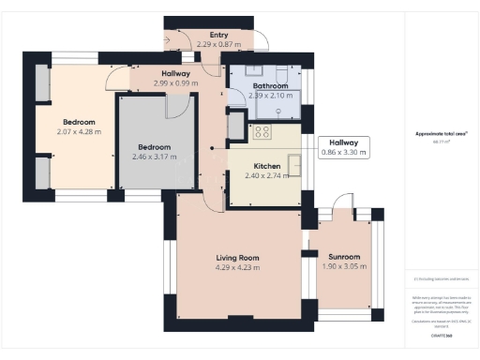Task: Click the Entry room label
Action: click(x=218, y=35)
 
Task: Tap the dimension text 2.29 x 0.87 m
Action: click(x=218, y=44)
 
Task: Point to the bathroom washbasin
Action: click(x=253, y=70)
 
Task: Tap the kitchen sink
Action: click(x=294, y=167)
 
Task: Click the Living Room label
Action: click(x=237, y=258)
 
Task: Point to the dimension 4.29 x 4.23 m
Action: click(x=237, y=268)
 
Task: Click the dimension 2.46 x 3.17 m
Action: click(x=155, y=157)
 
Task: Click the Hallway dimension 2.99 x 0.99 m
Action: click(x=176, y=83)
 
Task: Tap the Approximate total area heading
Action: click(x=441, y=134)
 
